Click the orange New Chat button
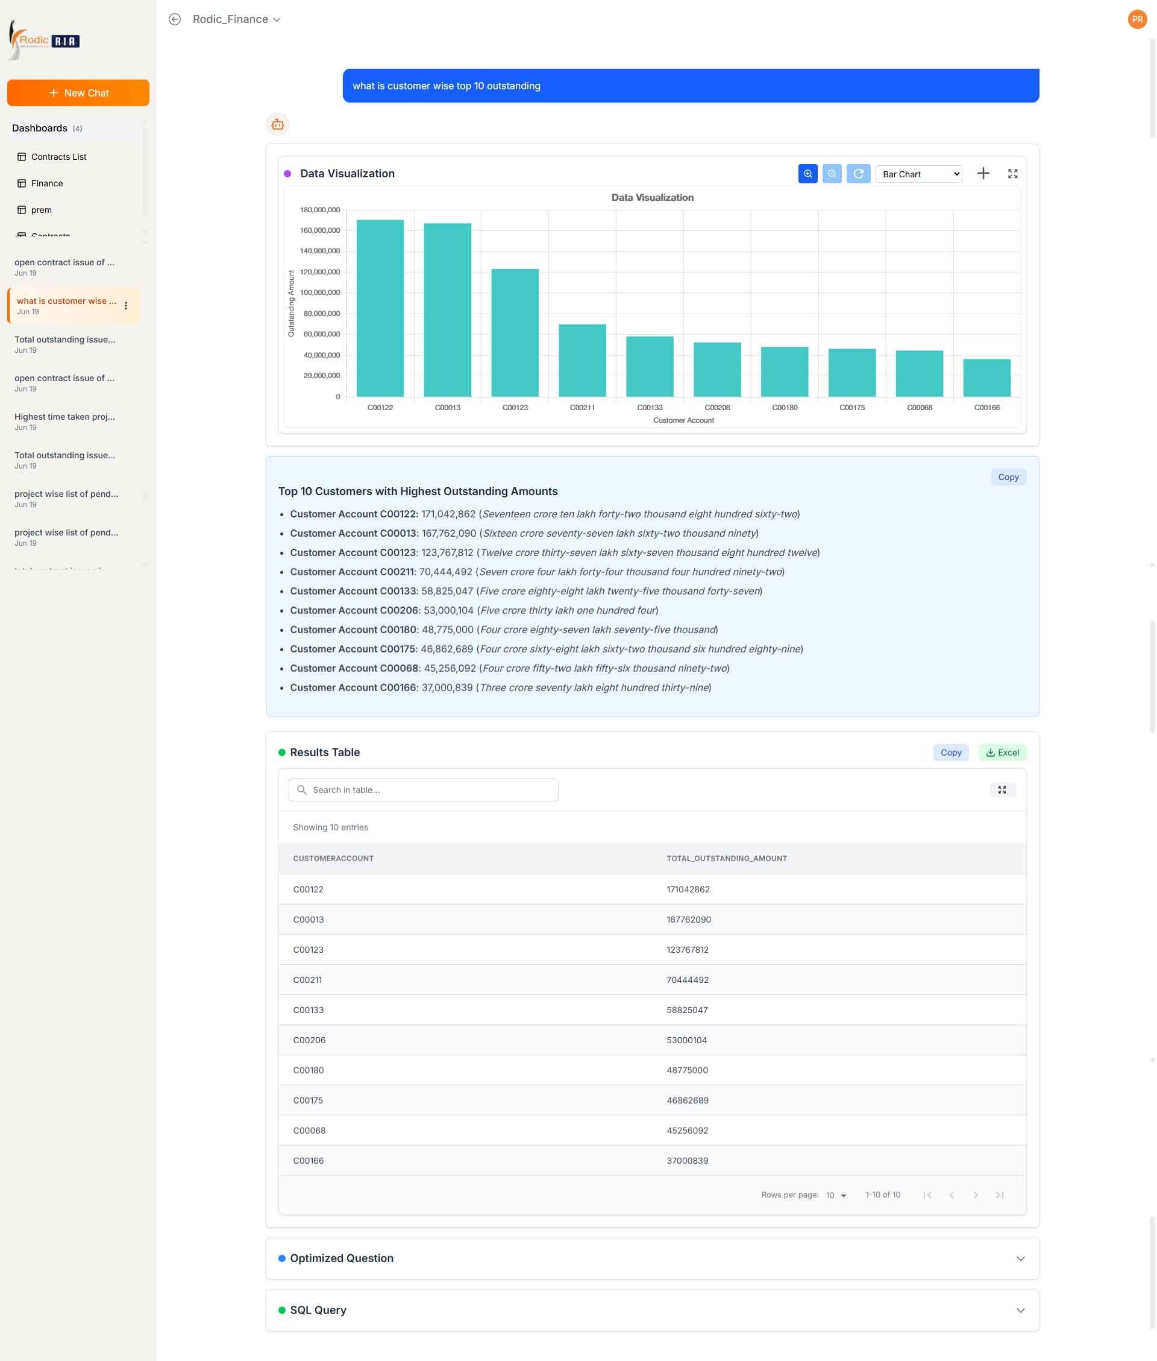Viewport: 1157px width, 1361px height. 78,92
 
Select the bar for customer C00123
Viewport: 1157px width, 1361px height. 515,333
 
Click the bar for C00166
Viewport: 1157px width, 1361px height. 986,377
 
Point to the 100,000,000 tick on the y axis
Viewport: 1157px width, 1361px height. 320,292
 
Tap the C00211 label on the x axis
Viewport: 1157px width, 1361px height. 583,408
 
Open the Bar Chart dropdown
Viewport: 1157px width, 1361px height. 918,174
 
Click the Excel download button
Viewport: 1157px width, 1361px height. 1002,752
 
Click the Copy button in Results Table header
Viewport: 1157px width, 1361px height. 950,752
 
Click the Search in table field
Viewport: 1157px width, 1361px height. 424,789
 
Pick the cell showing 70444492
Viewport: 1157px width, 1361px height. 688,980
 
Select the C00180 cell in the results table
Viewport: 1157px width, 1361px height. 309,1070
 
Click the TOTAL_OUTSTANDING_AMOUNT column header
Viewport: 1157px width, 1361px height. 727,858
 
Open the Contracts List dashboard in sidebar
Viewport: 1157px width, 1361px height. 58,157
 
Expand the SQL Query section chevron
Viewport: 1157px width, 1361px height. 1021,1310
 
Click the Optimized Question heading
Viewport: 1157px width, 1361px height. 342,1258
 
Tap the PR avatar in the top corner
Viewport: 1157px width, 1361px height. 1137,20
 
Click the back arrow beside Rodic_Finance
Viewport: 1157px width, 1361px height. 175,20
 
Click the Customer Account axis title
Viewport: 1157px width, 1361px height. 683,420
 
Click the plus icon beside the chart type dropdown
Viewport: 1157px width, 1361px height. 982,173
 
